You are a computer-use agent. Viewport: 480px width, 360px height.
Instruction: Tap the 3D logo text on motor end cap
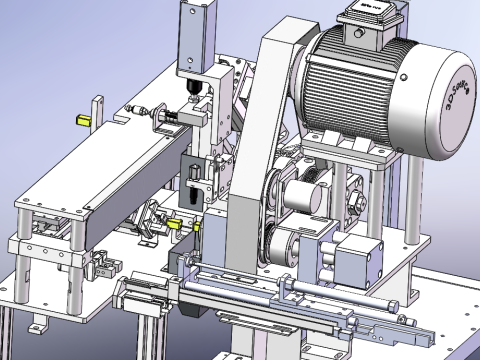click(457, 96)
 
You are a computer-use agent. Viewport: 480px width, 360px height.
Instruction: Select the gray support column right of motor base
click(411, 200)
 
